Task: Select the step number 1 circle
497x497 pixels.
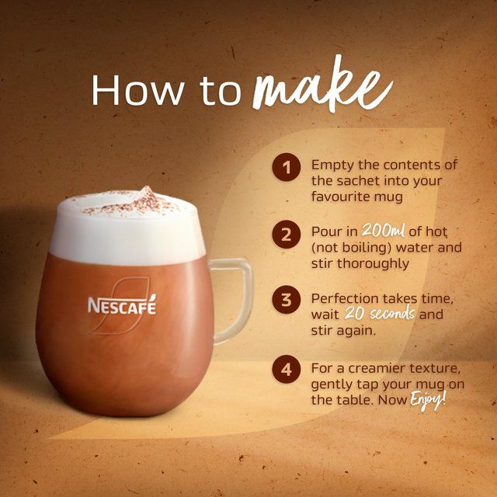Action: [x=287, y=167]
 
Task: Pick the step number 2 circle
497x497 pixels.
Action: [x=287, y=235]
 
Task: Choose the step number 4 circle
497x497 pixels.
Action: [x=287, y=369]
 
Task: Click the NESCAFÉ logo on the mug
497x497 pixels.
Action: [x=122, y=305]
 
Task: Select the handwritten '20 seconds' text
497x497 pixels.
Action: [x=384, y=314]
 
